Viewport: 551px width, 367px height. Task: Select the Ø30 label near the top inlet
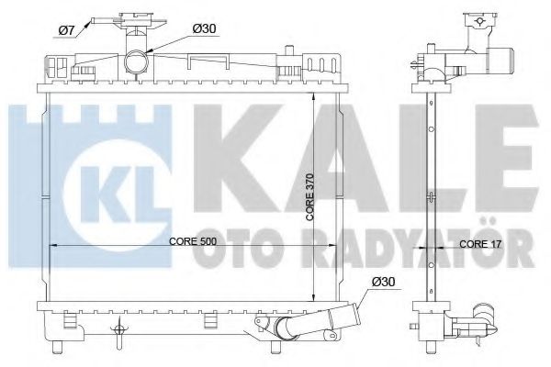204,28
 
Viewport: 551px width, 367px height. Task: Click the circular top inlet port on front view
137,63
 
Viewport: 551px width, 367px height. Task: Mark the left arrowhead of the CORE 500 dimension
51,246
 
